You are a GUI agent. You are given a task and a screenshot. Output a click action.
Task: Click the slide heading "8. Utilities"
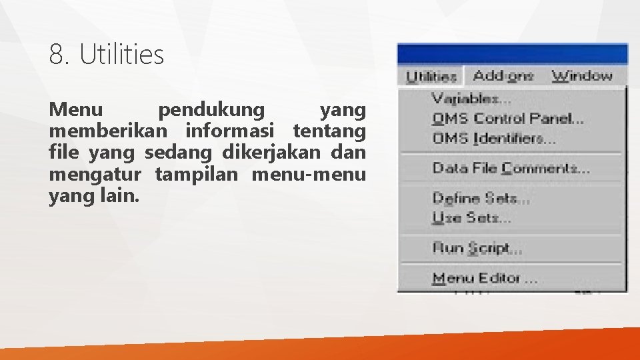(x=106, y=55)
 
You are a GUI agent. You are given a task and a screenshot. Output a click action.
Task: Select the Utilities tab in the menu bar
(x=431, y=76)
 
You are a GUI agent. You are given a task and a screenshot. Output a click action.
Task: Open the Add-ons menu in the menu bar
(x=503, y=75)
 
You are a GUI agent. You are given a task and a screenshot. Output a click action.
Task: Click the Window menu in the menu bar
(x=582, y=75)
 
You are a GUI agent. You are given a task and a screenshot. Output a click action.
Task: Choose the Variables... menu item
(x=471, y=99)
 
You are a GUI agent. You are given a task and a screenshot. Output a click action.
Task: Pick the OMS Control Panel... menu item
(x=508, y=119)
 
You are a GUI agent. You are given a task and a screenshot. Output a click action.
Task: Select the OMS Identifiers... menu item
(x=494, y=138)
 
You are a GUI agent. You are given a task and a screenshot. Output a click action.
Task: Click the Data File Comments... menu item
(x=511, y=168)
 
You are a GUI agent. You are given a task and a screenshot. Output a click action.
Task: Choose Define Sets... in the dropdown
(x=481, y=198)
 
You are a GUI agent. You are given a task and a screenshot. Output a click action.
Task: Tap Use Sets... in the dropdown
(x=471, y=217)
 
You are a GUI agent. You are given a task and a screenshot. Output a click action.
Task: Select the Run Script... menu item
(x=477, y=248)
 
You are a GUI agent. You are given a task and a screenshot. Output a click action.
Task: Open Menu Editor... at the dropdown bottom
(x=485, y=278)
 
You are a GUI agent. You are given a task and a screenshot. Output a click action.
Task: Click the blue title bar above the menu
(x=512, y=54)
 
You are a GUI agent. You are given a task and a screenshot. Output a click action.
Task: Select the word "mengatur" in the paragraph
(x=95, y=175)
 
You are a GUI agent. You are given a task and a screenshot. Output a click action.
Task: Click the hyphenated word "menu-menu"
(x=309, y=175)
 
